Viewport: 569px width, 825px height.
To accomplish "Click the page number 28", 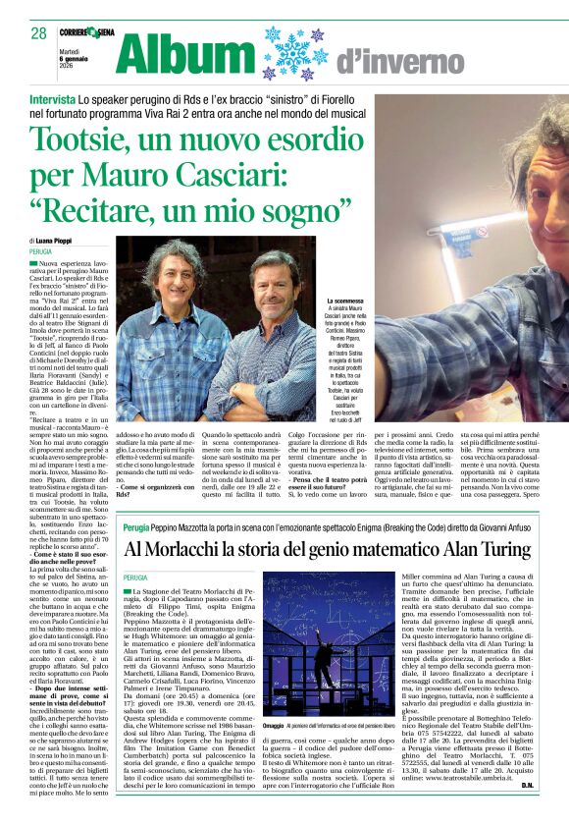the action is [38, 33].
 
